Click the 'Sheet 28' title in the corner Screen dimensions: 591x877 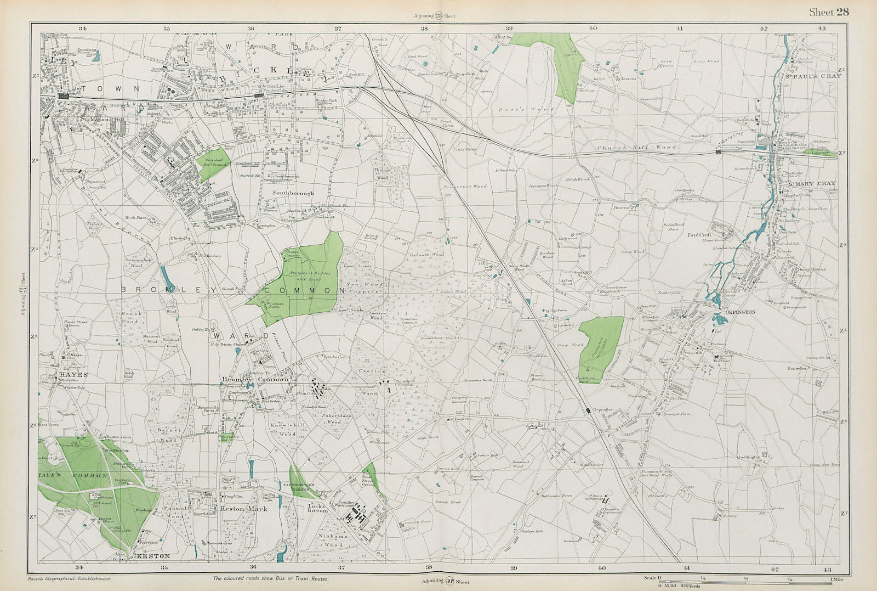pos(828,13)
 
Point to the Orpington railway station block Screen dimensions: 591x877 pos(588,410)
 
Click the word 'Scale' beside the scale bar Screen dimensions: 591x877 pos(650,578)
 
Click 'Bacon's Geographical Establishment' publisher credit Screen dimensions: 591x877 pos(69,578)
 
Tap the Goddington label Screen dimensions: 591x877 pos(749,457)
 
